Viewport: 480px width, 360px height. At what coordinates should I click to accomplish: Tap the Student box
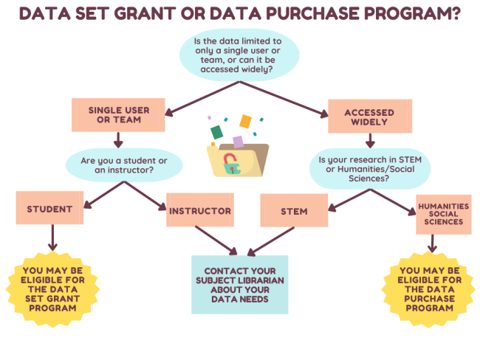(x=49, y=209)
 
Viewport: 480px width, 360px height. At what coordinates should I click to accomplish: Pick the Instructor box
(x=200, y=211)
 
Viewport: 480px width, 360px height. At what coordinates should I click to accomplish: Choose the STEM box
(x=294, y=212)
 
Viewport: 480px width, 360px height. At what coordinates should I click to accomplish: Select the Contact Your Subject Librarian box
(x=239, y=284)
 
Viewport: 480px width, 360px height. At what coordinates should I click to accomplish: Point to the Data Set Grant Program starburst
(x=52, y=294)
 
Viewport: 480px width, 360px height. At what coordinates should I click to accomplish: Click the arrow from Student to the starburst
(x=52, y=238)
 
